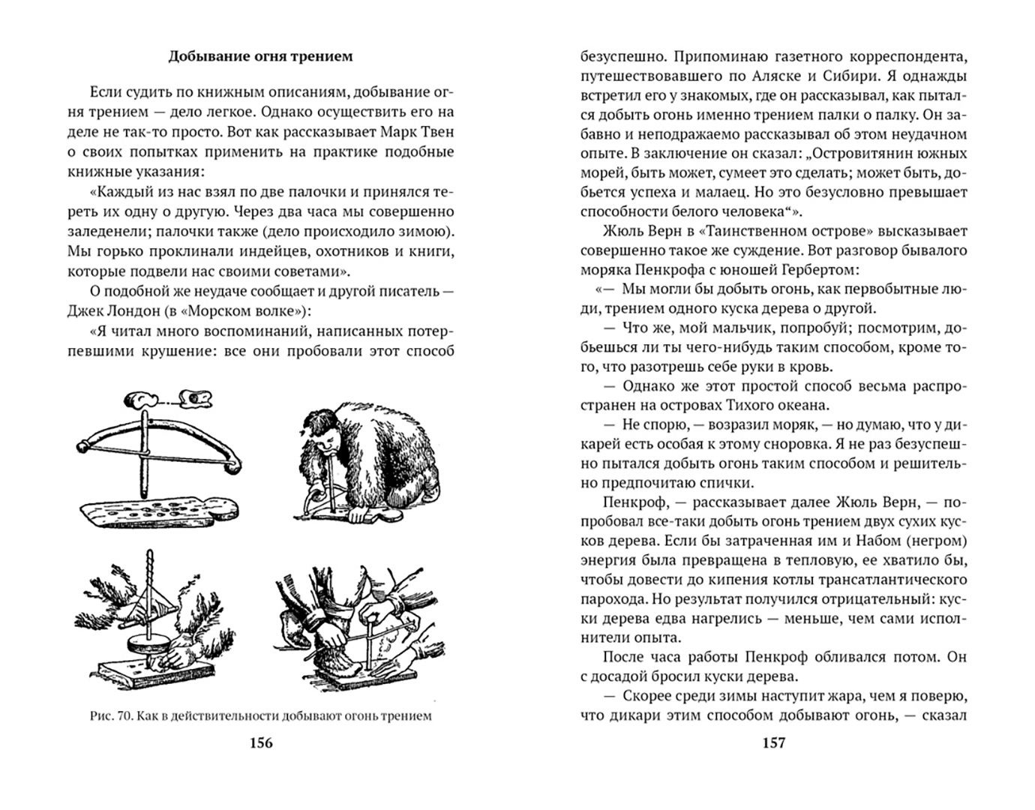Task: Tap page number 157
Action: click(773, 742)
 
